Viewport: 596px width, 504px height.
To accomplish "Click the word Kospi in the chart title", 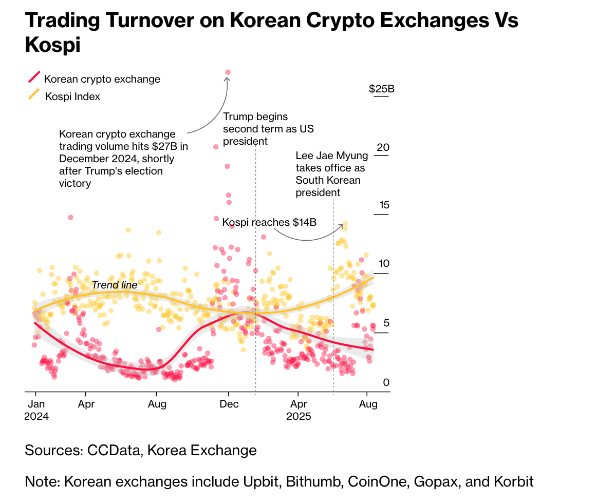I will [53, 45].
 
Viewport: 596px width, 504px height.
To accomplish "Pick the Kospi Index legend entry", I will [72, 96].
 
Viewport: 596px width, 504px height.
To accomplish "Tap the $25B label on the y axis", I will [381, 89].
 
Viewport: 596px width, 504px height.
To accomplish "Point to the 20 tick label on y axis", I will [383, 148].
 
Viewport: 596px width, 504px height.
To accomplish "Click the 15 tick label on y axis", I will [383, 206].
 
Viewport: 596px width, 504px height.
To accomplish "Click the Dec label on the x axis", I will [229, 404].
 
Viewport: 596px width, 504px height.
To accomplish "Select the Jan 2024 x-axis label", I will [36, 410].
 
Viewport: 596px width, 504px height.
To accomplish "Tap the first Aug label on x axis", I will [157, 404].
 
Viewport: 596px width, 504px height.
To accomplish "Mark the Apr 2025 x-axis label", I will [299, 410].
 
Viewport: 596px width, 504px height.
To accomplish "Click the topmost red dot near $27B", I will [228, 72].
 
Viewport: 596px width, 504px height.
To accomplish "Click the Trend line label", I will [115, 285].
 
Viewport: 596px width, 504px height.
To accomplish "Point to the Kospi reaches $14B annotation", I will [269, 222].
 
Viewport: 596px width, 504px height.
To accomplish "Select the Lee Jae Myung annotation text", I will [331, 174].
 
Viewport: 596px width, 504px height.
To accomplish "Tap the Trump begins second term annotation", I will [268, 129].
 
